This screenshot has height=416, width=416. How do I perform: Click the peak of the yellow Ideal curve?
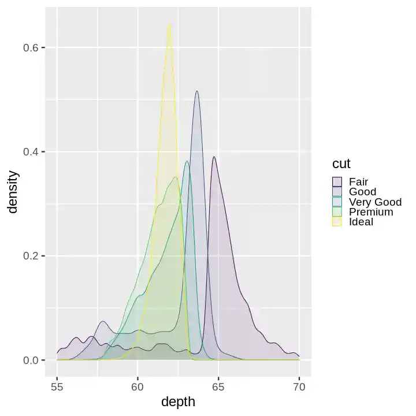pyautogui.click(x=169, y=24)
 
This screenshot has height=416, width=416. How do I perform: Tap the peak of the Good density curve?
pyautogui.click(x=197, y=91)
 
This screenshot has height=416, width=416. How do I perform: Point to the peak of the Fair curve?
pyautogui.click(x=214, y=157)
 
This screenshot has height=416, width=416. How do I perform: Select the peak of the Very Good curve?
pyautogui.click(x=187, y=161)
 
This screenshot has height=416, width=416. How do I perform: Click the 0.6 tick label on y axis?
pyautogui.click(x=31, y=47)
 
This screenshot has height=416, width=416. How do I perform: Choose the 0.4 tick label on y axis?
pyautogui.click(x=31, y=151)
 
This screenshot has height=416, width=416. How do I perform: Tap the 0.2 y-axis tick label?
pyautogui.click(x=31, y=256)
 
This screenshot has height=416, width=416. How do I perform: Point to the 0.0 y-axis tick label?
pyautogui.click(x=31, y=360)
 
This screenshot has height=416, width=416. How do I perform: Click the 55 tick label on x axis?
pyautogui.click(x=57, y=385)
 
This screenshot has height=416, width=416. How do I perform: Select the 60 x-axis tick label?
pyautogui.click(x=138, y=385)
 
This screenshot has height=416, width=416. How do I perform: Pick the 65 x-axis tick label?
pyautogui.click(x=218, y=385)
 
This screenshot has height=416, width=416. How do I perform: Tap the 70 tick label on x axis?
pyautogui.click(x=299, y=385)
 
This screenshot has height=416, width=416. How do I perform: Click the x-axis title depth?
pyautogui.click(x=178, y=402)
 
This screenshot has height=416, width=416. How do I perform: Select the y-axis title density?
pyautogui.click(x=13, y=192)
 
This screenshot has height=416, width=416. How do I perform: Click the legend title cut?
pyautogui.click(x=341, y=164)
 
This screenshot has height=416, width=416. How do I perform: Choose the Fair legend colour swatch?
pyautogui.click(x=337, y=182)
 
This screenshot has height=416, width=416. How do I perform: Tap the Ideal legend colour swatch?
pyautogui.click(x=337, y=222)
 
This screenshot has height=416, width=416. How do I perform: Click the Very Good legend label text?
pyautogui.click(x=375, y=202)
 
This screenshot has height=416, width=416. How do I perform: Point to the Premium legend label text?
pyautogui.click(x=371, y=212)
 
